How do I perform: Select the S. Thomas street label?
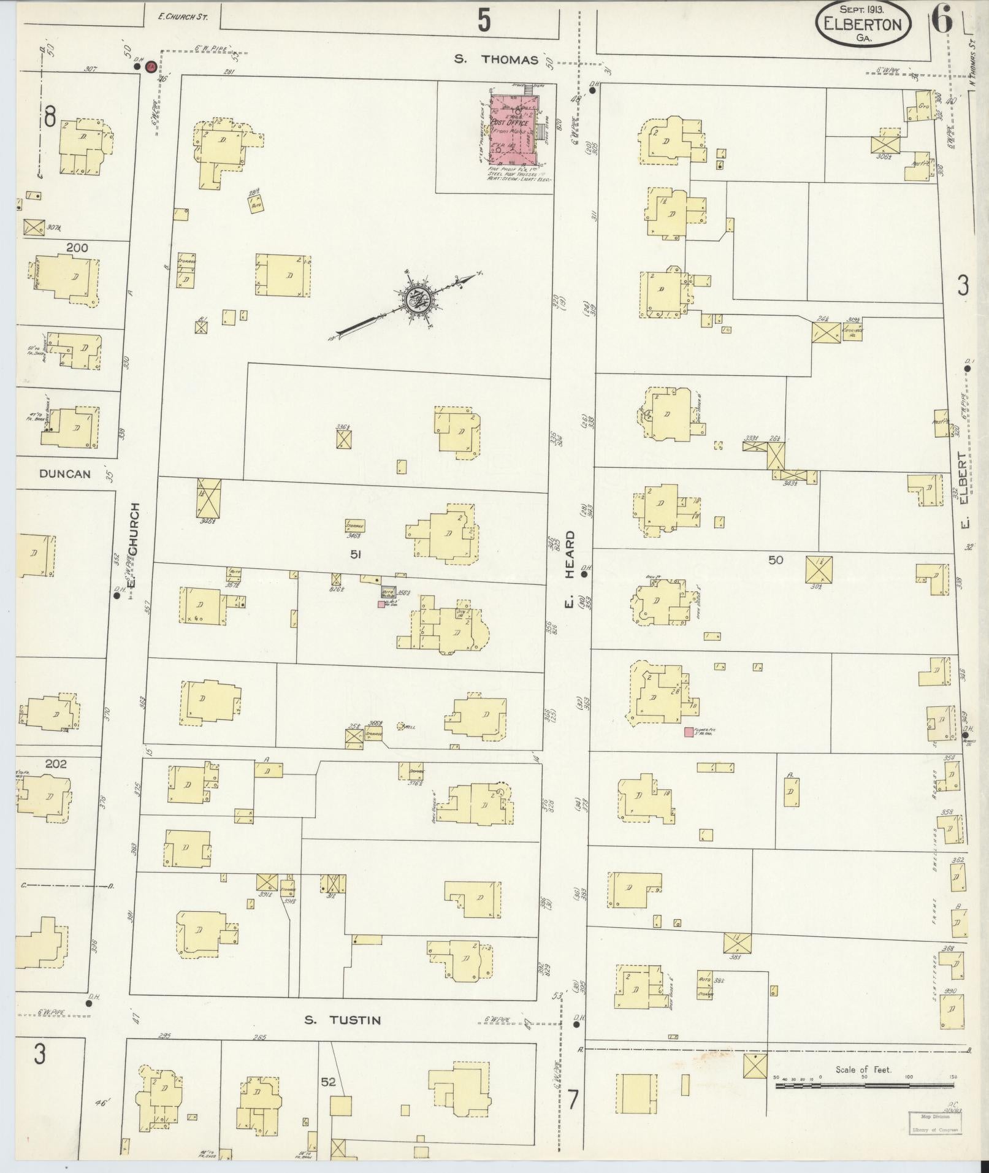497,59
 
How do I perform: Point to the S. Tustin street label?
343,1020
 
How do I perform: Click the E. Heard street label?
570,570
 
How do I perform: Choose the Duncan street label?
65,474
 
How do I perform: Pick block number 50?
776,560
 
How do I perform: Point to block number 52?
328,1082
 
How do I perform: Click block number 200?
77,248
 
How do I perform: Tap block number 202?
56,764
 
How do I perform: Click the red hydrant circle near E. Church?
150,69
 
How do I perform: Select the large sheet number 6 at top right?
942,21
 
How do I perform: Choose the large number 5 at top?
484,21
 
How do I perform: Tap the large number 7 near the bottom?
572,1099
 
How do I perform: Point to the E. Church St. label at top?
183,17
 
